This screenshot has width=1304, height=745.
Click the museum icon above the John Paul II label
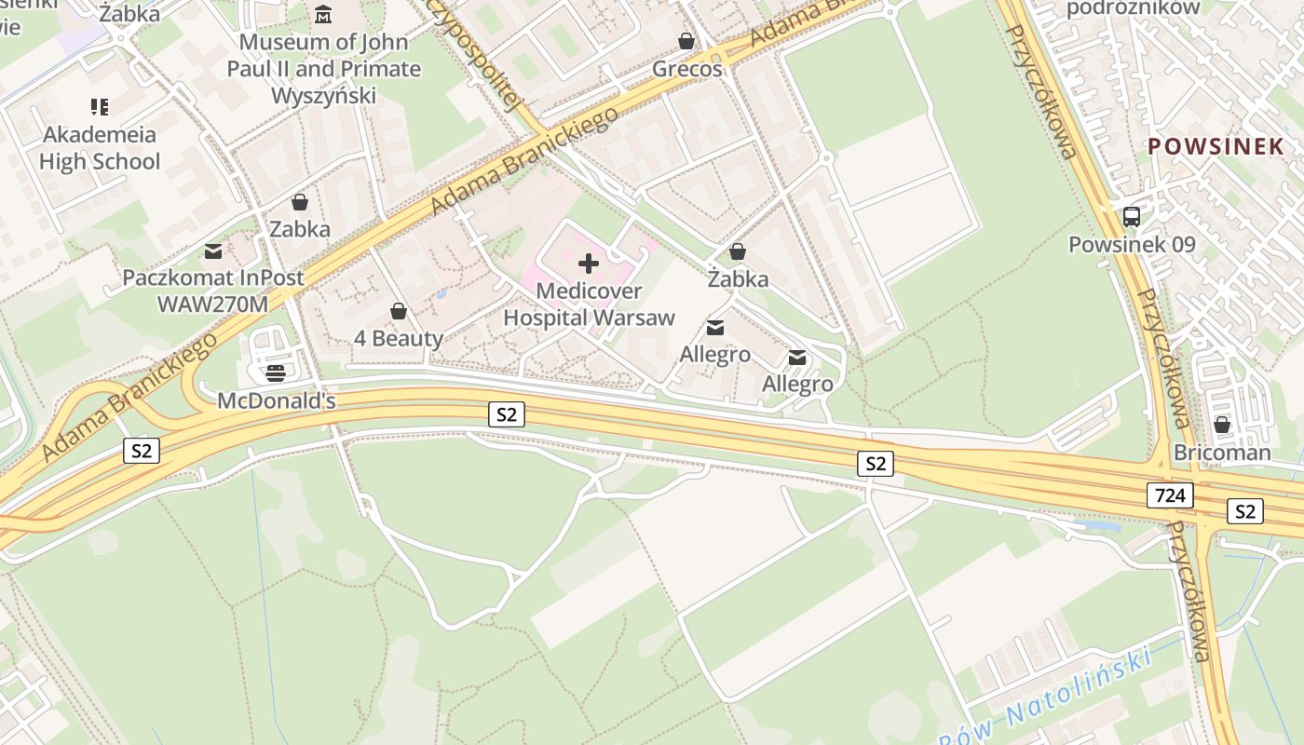click(323, 14)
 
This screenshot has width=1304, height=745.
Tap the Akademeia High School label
click(100, 148)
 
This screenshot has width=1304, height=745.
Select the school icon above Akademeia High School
click(100, 107)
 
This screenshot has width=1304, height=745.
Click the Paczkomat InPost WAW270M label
click(213, 291)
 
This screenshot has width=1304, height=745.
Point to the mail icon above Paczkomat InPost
click(213, 251)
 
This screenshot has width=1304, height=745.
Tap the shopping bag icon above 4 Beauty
click(399, 311)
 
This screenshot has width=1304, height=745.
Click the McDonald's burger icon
click(276, 373)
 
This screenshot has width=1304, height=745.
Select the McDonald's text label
click(276, 400)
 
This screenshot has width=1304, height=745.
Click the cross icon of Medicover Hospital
click(589, 264)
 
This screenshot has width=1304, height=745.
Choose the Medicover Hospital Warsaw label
click(589, 305)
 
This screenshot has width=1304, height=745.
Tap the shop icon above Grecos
click(686, 41)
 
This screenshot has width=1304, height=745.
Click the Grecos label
click(686, 69)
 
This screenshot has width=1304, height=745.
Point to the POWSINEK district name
click(1216, 146)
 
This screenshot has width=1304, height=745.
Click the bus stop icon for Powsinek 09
click(1132, 217)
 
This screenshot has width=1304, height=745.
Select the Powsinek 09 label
click(1132, 245)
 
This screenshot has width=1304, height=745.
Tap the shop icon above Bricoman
click(1222, 425)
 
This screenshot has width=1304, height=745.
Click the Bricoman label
click(1222, 453)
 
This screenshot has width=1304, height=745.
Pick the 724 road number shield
click(1170, 494)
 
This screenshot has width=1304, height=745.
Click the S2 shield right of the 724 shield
click(1245, 511)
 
